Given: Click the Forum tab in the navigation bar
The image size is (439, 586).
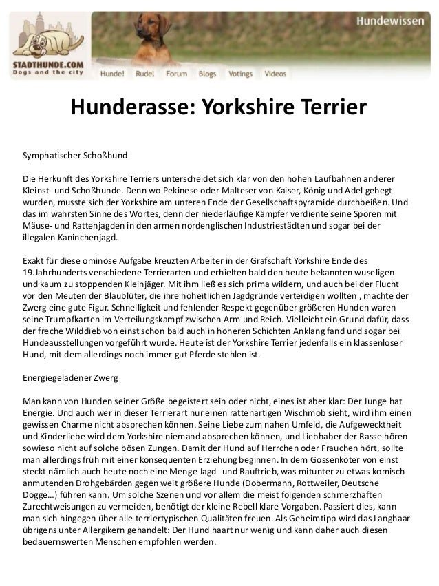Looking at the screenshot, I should click(175, 72).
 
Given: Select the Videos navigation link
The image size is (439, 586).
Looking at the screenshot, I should click(275, 72).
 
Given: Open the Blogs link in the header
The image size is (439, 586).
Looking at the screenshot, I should click(207, 72).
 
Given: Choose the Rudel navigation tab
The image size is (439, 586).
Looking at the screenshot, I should click(144, 72).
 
